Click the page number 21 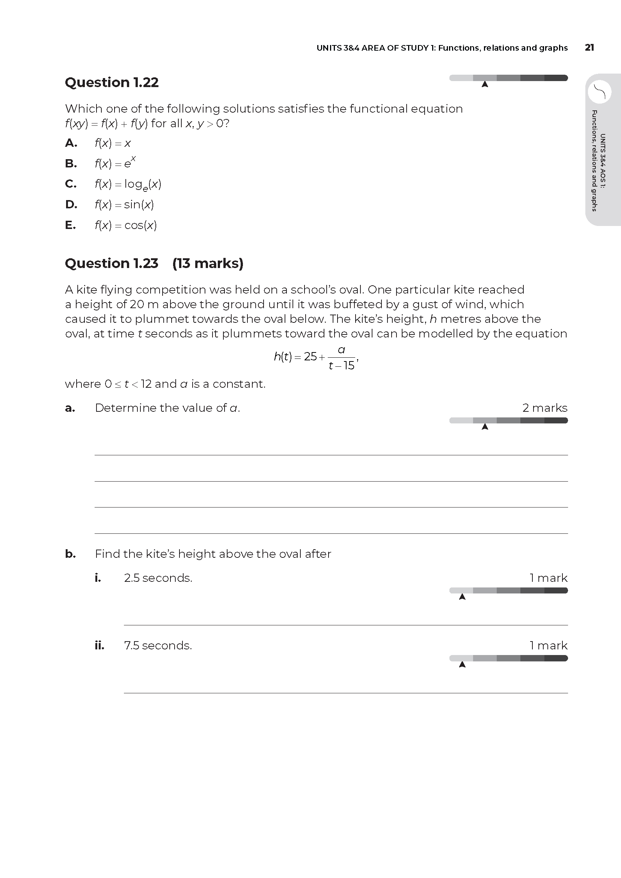point(589,48)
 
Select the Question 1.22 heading point(112,83)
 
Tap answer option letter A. point(71,143)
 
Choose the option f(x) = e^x point(115,163)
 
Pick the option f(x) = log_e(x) point(128,184)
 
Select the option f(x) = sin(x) point(124,205)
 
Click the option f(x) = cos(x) point(125,225)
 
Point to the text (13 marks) point(208,264)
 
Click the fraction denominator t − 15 point(341,366)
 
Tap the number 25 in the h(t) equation point(310,357)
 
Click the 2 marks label point(544,408)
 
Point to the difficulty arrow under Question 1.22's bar point(485,84)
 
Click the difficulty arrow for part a point(485,427)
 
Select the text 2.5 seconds point(158,578)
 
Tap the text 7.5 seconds point(158,646)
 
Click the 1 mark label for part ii point(548,646)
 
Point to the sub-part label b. point(70,554)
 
